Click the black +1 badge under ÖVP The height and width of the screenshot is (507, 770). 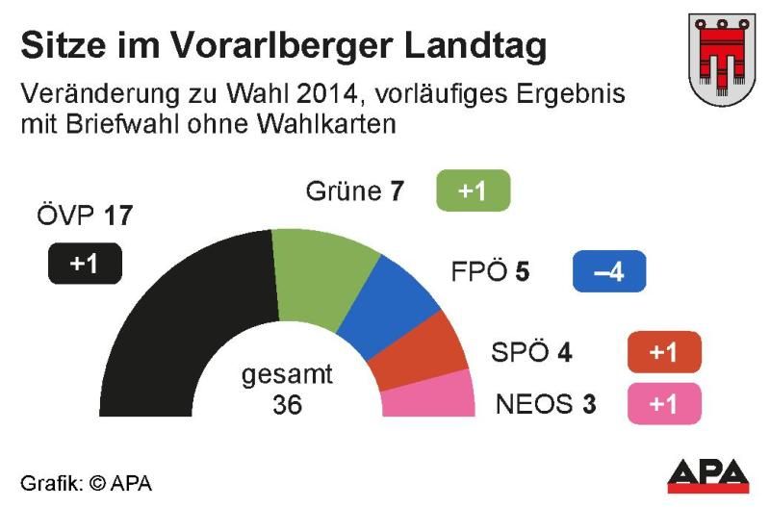pos(85,264)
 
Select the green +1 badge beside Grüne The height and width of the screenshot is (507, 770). pos(472,190)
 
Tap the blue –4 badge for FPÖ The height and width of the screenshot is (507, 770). pos(608,271)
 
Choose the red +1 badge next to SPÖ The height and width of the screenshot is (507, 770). pos(663,352)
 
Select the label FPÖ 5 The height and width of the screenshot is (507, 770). pos(490,272)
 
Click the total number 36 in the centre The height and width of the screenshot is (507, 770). pos(287,405)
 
